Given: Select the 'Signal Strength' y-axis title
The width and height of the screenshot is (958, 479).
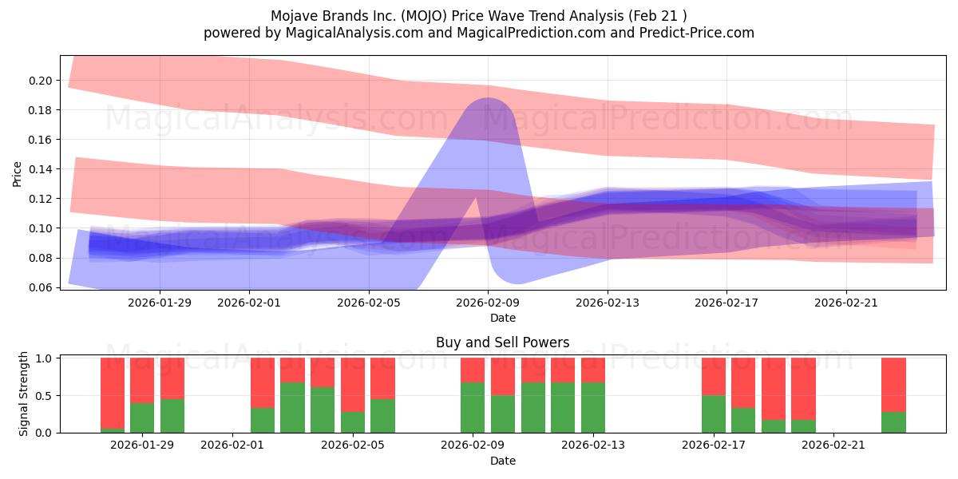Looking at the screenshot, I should (x=23, y=394).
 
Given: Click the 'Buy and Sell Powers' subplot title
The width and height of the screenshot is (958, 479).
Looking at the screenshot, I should (x=502, y=342).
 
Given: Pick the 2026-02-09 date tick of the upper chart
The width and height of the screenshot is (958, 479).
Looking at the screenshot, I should (x=488, y=303).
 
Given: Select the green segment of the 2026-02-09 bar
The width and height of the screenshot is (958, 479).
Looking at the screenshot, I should (x=473, y=407).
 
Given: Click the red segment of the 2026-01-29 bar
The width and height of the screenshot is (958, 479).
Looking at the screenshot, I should (x=142, y=380).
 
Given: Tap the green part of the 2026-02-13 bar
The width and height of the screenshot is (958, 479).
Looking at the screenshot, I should (x=593, y=407).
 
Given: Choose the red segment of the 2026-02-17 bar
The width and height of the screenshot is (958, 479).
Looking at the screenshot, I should (x=714, y=376).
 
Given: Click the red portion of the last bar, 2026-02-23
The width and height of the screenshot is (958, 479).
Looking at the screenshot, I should (x=893, y=385).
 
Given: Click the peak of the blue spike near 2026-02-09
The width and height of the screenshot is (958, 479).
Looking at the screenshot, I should (x=487, y=99).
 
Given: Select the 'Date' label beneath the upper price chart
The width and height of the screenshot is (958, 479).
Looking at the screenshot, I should (x=502, y=318).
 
